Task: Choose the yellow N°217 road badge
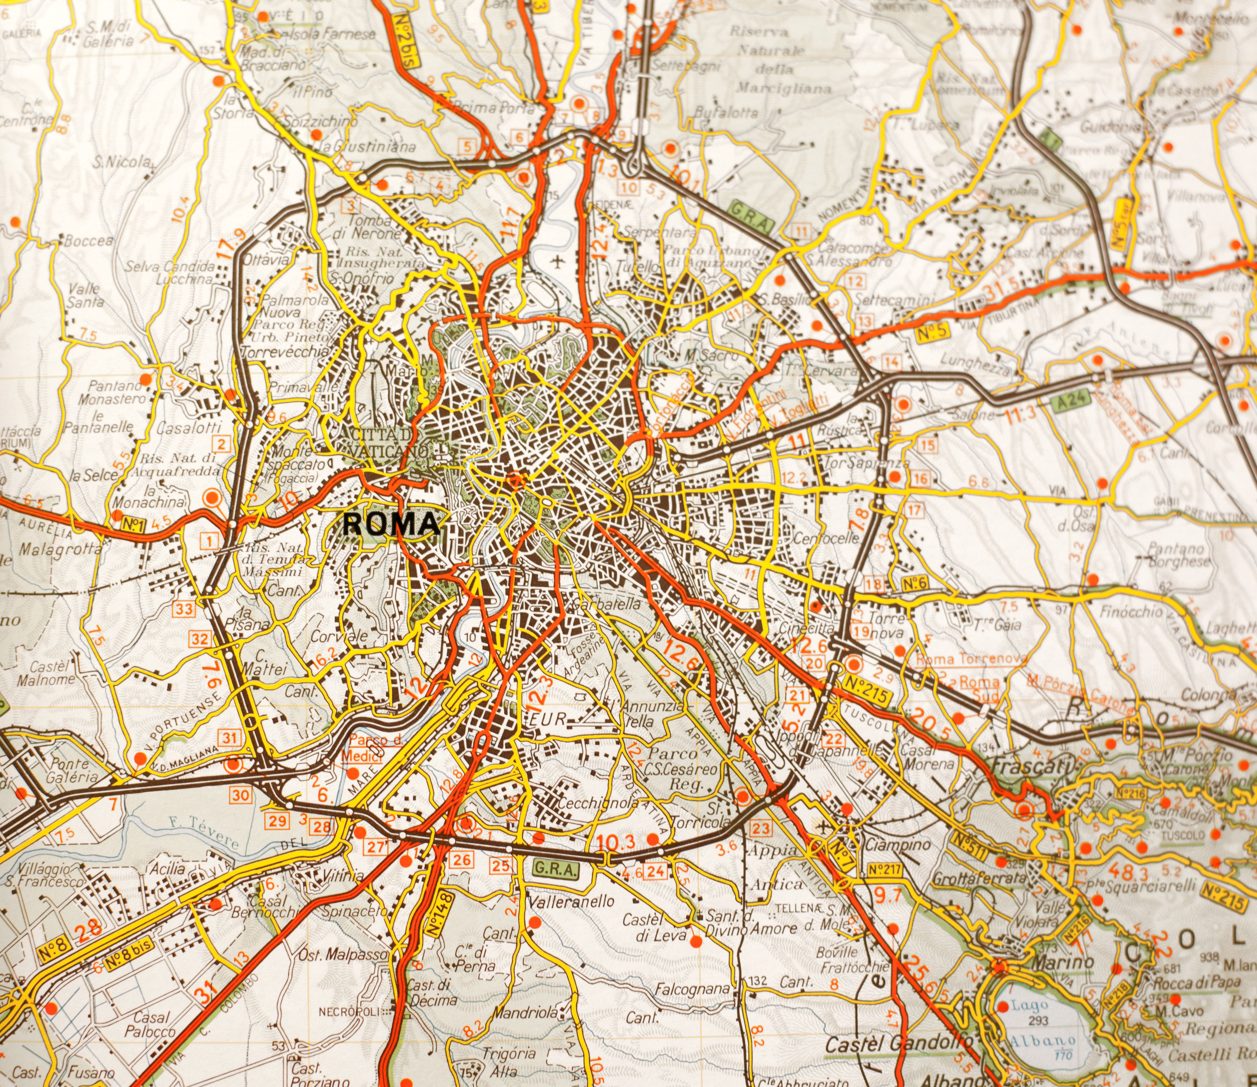point(886,870)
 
